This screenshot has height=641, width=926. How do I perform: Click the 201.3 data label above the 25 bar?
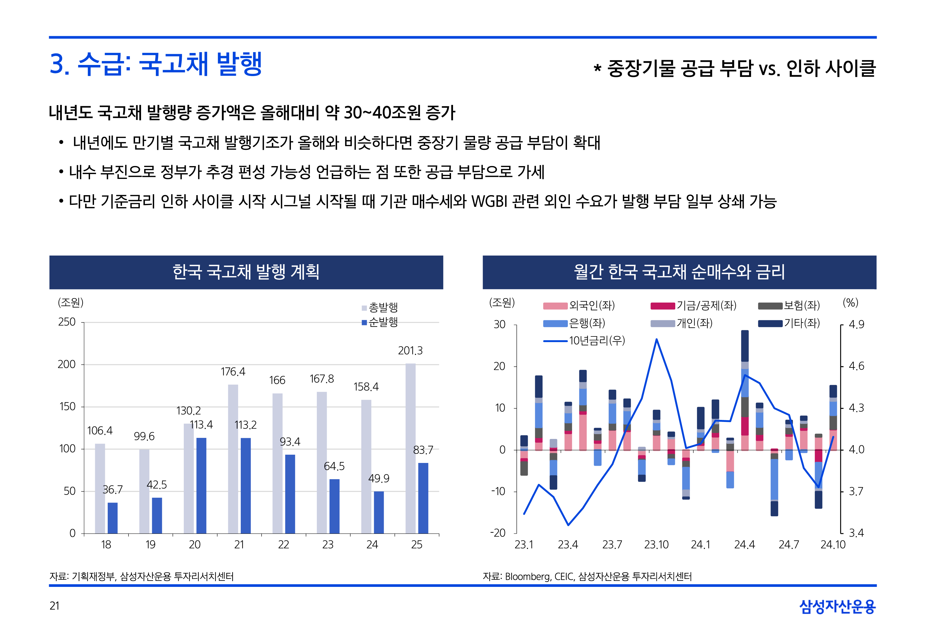410,351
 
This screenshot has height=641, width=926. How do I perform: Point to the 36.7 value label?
113,490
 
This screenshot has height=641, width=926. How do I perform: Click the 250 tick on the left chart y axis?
67,322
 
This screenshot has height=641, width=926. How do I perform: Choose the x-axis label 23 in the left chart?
328,545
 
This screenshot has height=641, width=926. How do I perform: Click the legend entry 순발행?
380,322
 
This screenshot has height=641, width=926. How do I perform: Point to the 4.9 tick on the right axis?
856,324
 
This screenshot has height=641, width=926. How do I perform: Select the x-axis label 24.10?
833,545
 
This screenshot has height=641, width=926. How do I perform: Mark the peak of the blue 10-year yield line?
656,339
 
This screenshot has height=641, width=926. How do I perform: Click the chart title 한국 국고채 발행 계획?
246,272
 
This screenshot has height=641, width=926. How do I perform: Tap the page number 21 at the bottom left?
55,606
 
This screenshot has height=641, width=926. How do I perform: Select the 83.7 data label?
423,450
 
